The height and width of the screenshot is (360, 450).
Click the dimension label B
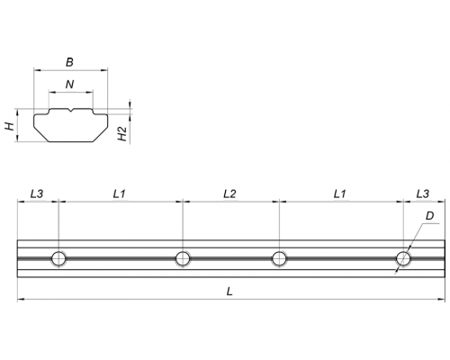(x=69, y=62)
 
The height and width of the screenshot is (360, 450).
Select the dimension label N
(x=69, y=85)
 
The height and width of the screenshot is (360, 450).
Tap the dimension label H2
(x=121, y=134)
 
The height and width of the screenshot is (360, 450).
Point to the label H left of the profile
(x=11, y=126)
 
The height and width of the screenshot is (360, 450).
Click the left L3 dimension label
(x=37, y=193)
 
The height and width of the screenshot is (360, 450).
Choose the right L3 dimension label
(x=423, y=193)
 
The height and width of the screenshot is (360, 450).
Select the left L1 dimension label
(x=119, y=193)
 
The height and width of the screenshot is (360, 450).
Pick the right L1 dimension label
(x=339, y=193)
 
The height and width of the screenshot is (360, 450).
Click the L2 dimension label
(x=229, y=193)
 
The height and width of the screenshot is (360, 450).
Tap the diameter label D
(x=429, y=216)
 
